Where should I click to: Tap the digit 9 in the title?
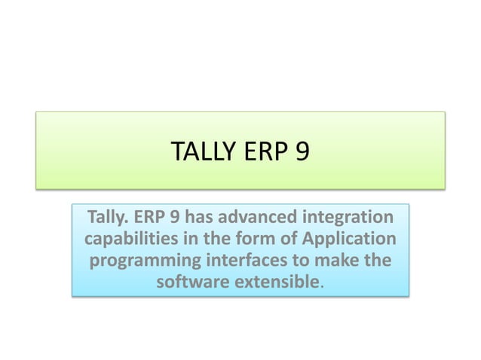(301, 152)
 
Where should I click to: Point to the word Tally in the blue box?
(110, 218)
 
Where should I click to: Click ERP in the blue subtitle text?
(152, 218)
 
